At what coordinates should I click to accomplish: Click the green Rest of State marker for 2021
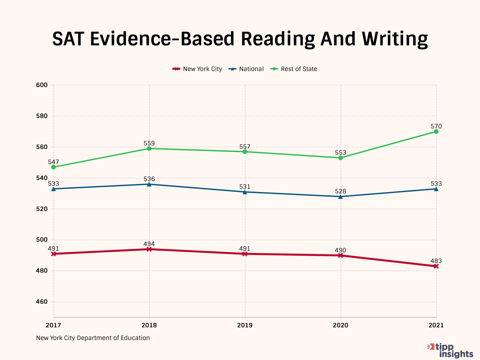coord(436,132)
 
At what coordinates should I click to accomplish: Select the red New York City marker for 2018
coord(149,249)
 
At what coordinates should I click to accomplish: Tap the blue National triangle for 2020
coord(340,197)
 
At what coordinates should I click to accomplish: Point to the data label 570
coord(436,126)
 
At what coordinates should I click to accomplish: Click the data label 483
coord(436,261)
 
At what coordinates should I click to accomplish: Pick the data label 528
coord(340,191)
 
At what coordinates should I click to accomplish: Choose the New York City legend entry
coord(197,69)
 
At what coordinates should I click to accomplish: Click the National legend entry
coord(246,69)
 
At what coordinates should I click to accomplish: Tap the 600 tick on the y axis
coord(42,85)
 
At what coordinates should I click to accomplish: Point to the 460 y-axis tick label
coord(42,302)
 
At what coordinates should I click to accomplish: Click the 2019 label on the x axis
coord(245,325)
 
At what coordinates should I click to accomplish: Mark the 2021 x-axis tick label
coord(436,325)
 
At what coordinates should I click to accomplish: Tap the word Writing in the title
coord(395,39)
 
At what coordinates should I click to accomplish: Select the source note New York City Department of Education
coord(93,338)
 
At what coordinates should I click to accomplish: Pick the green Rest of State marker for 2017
coord(53,167)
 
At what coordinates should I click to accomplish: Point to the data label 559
coord(149,143)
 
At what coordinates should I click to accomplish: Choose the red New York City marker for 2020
coord(340,256)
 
